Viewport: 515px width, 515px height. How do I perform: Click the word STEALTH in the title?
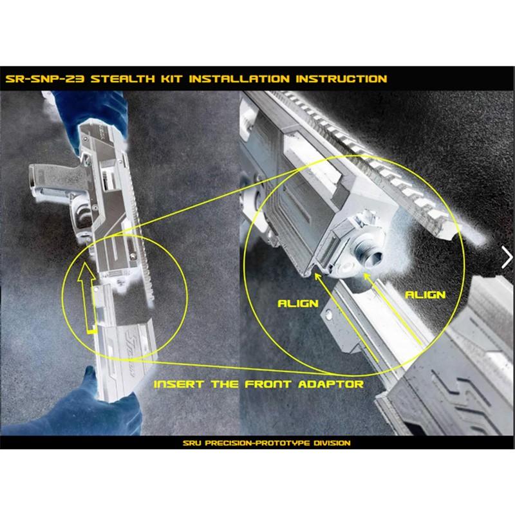click(122, 79)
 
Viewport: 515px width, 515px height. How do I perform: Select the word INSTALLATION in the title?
click(239, 79)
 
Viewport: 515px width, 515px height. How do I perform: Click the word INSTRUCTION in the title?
click(342, 79)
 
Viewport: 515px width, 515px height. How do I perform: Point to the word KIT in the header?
click(172, 79)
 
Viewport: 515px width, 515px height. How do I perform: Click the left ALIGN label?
click(298, 303)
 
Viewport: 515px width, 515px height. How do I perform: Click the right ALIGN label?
click(426, 295)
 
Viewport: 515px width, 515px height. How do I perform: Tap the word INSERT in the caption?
click(179, 384)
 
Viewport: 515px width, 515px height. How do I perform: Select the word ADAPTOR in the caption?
click(331, 384)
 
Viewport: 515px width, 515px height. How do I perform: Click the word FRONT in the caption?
click(268, 384)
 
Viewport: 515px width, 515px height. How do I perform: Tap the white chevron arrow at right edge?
click(507, 257)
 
